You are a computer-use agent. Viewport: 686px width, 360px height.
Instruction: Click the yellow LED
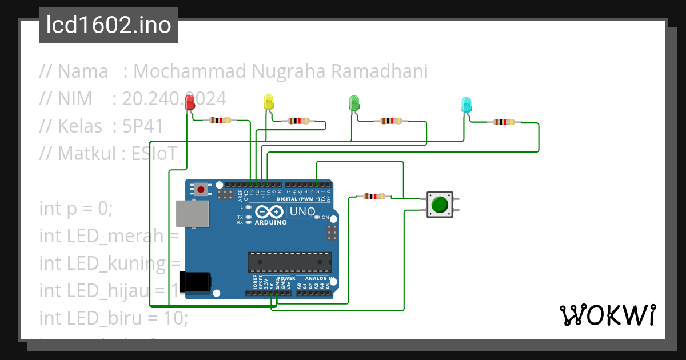click(x=268, y=102)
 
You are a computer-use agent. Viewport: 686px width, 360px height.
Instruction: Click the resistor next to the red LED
click(x=220, y=121)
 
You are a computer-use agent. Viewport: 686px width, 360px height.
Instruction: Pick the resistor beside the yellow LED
click(x=299, y=121)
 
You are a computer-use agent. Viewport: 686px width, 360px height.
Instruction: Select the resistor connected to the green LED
click(x=391, y=121)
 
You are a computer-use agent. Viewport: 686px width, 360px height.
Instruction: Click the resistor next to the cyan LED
click(x=504, y=122)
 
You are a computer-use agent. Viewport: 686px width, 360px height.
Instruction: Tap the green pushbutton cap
click(x=440, y=205)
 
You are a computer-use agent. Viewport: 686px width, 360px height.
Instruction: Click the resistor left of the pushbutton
click(x=374, y=197)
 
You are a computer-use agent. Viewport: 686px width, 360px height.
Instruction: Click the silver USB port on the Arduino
click(x=192, y=214)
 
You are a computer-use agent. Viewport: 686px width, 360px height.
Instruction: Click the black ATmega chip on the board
click(x=289, y=262)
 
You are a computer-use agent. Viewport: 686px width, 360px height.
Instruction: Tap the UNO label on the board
click(x=302, y=212)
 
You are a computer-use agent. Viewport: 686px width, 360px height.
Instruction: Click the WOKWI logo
click(x=607, y=315)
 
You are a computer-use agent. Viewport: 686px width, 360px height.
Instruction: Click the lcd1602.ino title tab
click(x=109, y=26)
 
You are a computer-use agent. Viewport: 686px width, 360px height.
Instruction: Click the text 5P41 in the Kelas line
click(x=142, y=126)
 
